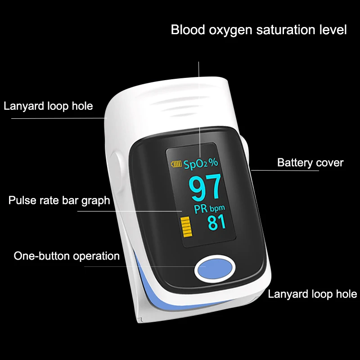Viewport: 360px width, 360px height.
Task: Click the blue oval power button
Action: [215, 269]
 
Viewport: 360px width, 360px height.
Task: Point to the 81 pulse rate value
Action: [216, 222]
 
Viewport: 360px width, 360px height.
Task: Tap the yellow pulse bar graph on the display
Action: [185, 228]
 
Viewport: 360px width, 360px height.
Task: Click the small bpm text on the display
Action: [217, 208]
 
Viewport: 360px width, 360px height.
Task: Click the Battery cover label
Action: [310, 162]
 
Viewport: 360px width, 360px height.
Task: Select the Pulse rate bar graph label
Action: [59, 200]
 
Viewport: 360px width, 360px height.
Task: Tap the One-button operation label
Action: [67, 256]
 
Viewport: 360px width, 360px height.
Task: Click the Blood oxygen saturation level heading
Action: [259, 30]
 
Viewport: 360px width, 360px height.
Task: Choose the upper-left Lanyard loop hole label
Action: [48, 106]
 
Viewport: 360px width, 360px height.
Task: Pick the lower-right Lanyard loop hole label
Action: [312, 294]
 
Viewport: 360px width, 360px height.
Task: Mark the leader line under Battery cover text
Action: [288, 171]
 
